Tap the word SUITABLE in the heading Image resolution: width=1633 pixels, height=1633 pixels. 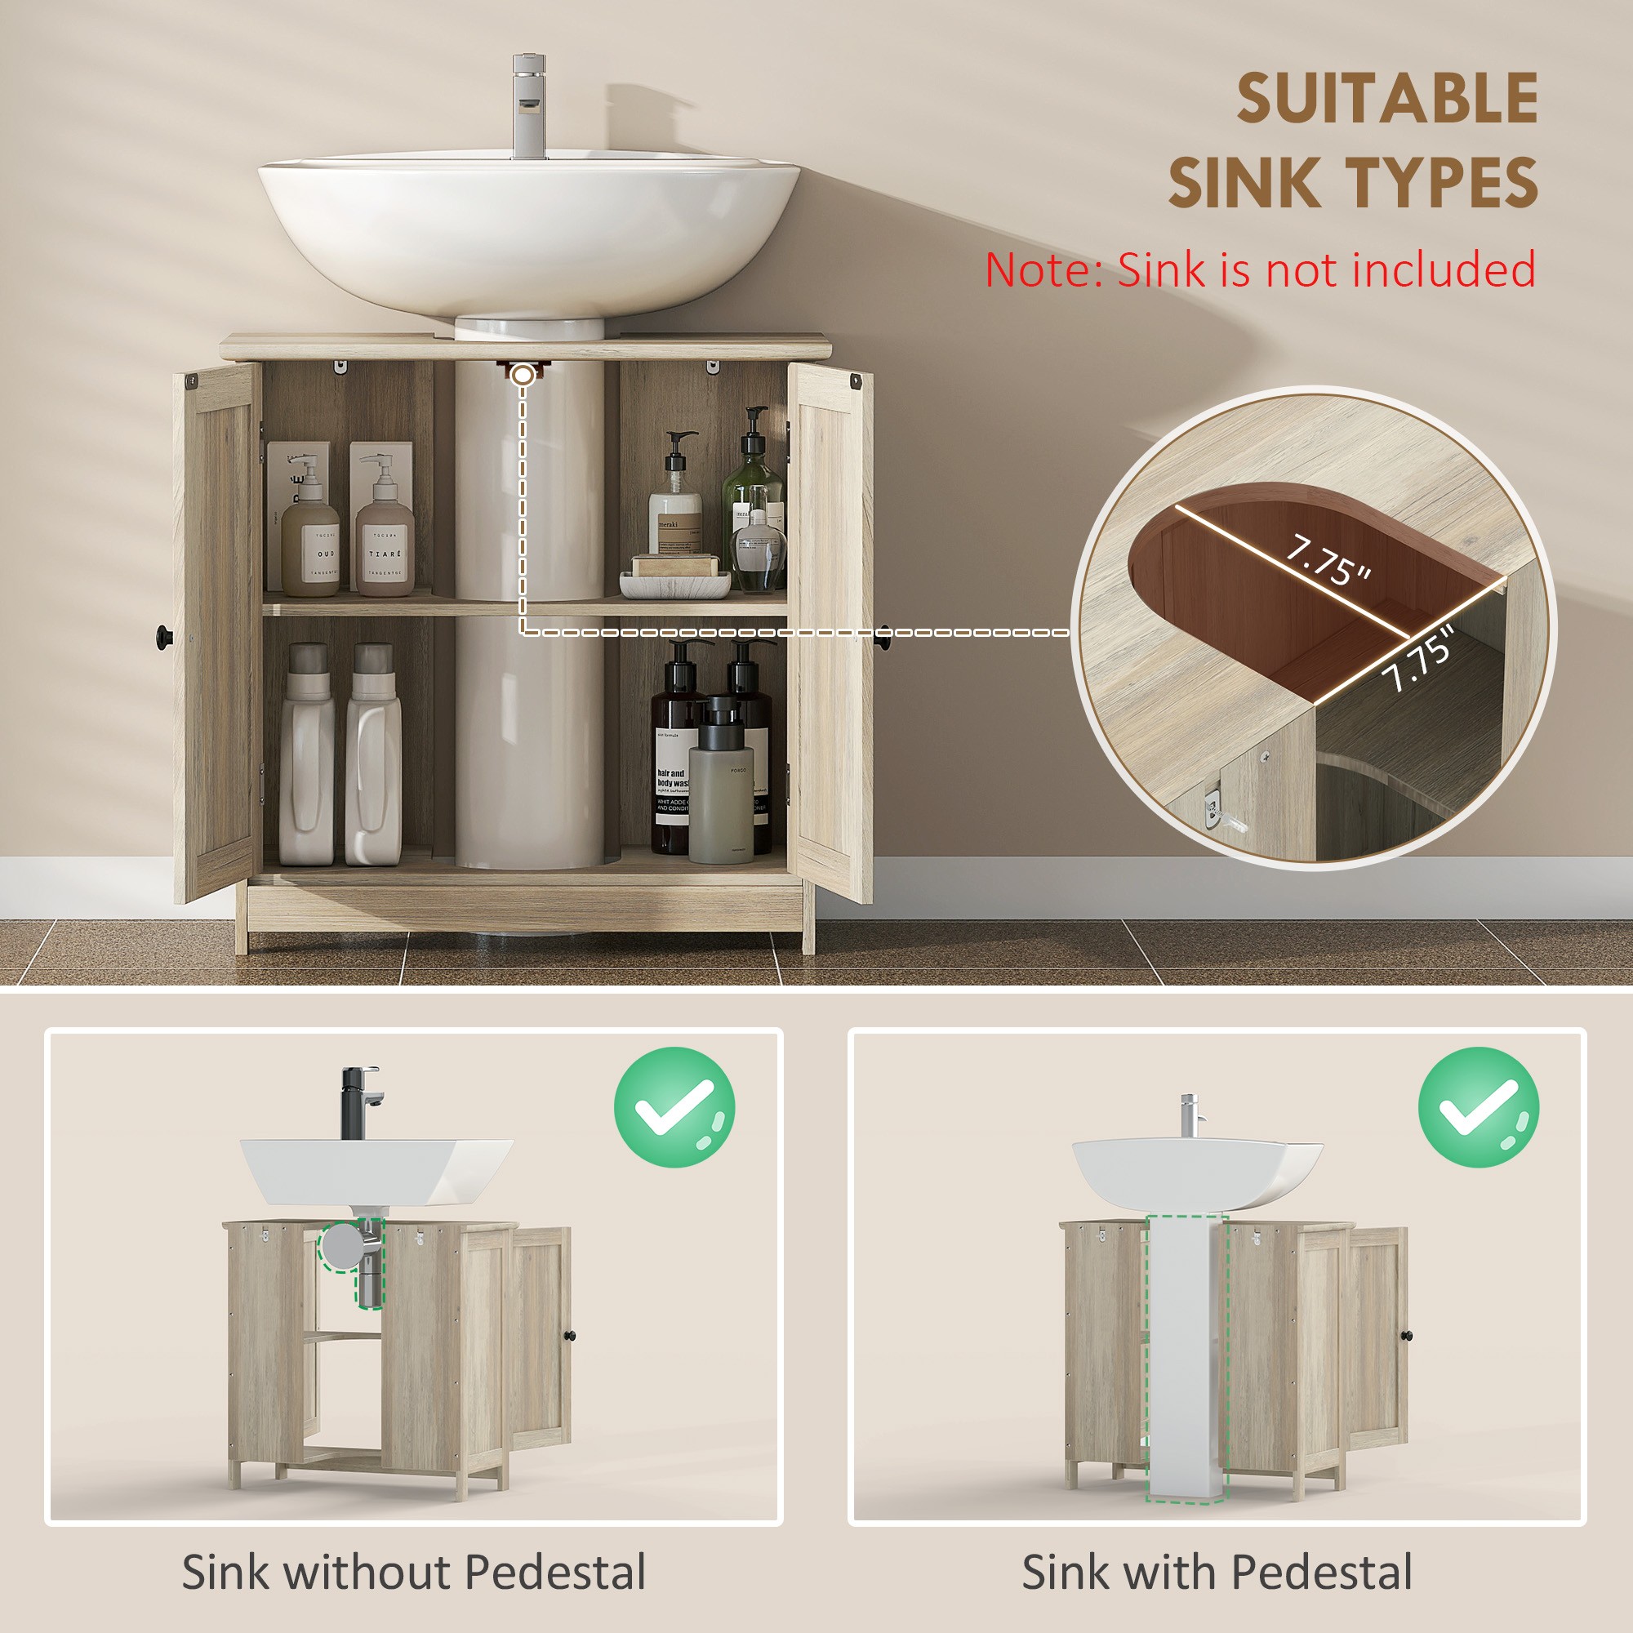pyautogui.click(x=1386, y=100)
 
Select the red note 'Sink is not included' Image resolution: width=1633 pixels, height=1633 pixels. pyautogui.click(x=1259, y=270)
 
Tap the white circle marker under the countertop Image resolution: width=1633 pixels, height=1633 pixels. pyautogui.click(x=524, y=374)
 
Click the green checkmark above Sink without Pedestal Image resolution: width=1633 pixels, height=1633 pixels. pyautogui.click(x=674, y=1107)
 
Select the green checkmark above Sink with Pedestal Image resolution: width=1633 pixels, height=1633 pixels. pyautogui.click(x=1478, y=1107)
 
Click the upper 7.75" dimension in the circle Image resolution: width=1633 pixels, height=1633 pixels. pyautogui.click(x=1327, y=562)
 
